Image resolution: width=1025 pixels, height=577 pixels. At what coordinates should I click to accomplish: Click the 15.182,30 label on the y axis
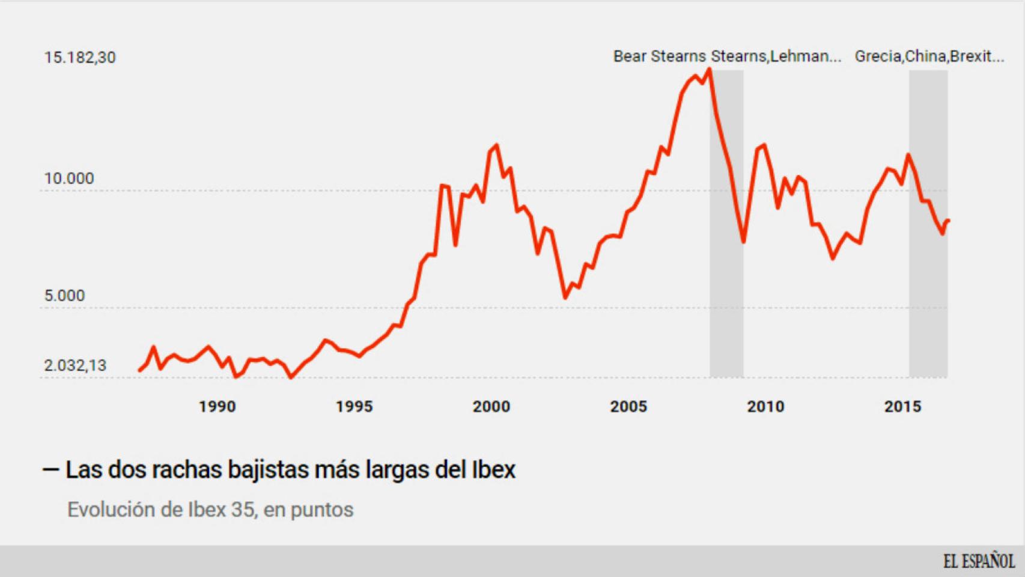point(79,58)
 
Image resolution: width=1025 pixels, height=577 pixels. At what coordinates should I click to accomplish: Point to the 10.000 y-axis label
point(69,179)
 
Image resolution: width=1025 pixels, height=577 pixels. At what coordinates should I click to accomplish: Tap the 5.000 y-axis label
point(64,296)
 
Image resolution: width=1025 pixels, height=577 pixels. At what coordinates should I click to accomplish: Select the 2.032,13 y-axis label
point(75,365)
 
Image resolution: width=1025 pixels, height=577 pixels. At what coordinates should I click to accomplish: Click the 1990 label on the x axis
point(217,407)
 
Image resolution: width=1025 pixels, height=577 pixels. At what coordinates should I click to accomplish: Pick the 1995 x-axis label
point(354,407)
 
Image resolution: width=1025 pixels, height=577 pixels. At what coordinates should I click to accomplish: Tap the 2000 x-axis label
point(491,407)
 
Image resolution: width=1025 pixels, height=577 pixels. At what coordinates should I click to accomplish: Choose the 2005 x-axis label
point(628,407)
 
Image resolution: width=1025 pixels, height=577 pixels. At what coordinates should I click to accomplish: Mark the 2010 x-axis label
point(765,407)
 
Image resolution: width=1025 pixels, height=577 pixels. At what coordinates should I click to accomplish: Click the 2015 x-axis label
point(902,407)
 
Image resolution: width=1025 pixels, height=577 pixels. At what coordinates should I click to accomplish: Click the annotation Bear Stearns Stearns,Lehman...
point(727,56)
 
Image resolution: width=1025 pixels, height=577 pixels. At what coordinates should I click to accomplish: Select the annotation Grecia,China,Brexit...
point(929,56)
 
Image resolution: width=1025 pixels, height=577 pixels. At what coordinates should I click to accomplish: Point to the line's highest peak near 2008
point(710,70)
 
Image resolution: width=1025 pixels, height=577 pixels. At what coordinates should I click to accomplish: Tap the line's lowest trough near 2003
point(565,298)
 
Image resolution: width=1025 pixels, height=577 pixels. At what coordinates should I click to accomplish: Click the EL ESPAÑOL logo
point(979,561)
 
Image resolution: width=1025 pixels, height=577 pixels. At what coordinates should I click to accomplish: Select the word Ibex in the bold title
point(493,469)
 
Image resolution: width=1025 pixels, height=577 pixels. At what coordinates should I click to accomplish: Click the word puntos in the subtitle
point(322,510)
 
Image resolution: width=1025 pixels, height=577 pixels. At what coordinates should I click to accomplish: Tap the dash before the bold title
point(50,469)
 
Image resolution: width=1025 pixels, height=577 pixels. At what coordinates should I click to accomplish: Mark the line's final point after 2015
point(948,221)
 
